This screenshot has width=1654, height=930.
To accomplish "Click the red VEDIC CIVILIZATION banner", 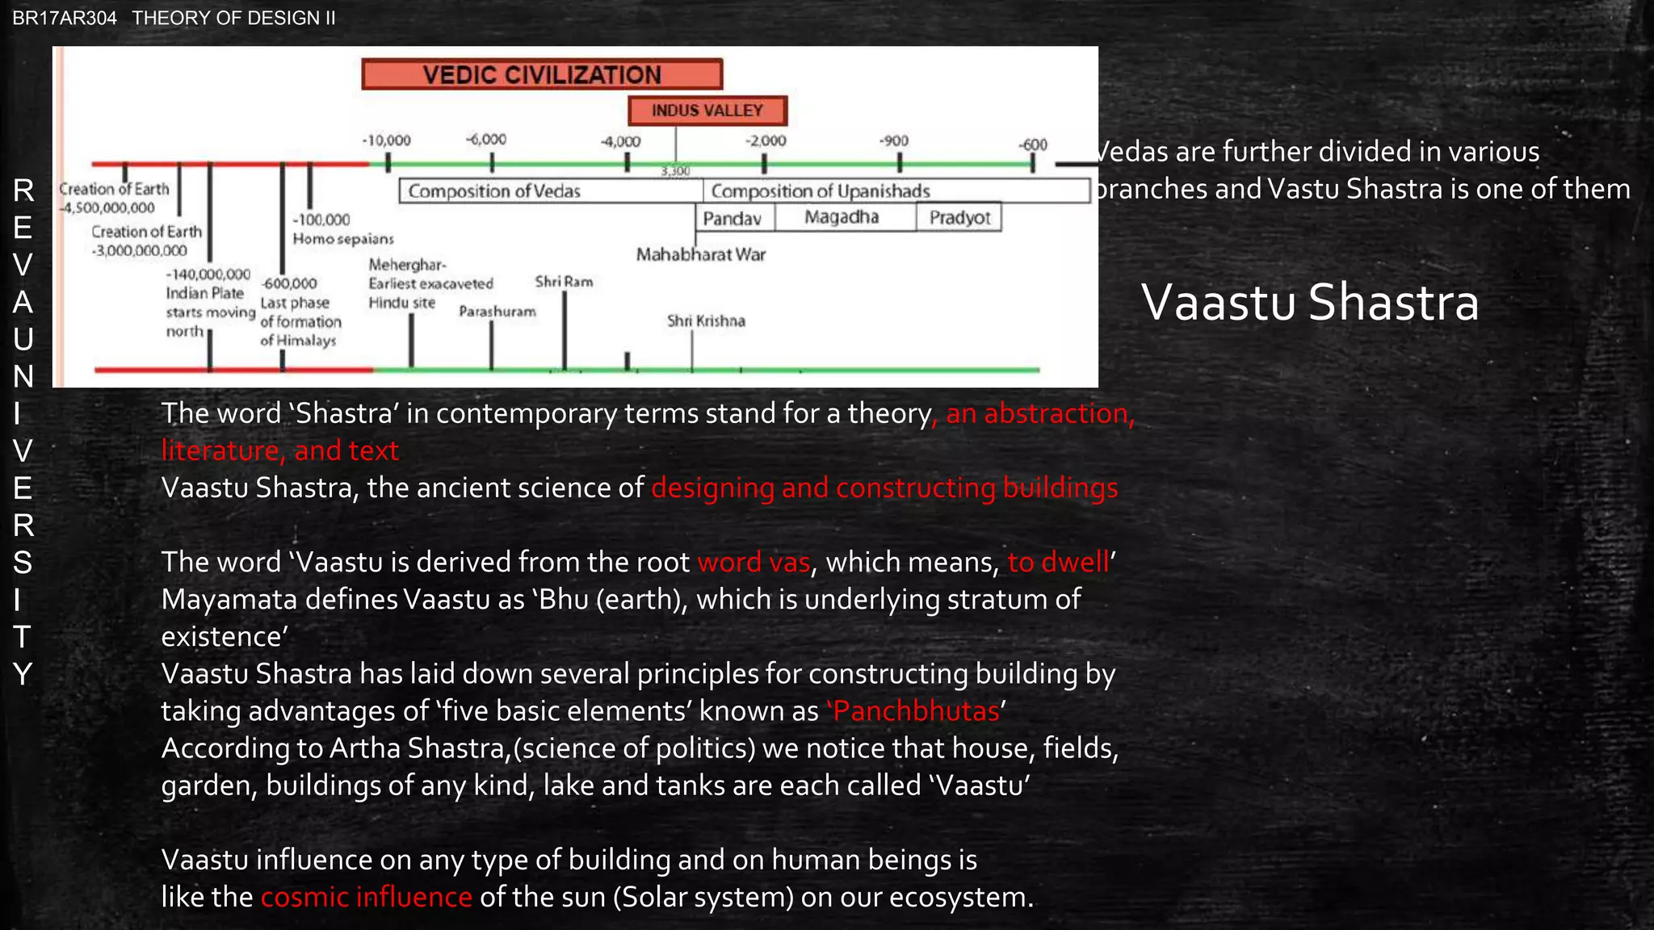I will (542, 74).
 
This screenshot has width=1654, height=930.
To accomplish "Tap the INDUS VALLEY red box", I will (707, 111).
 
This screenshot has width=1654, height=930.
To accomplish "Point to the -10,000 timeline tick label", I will (386, 140).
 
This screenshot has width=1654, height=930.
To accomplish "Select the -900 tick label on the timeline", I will (894, 140).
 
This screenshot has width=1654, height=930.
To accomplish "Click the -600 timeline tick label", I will (1033, 145).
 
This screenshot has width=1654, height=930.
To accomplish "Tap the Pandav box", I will (733, 218).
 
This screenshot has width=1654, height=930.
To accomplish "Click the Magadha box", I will (842, 217).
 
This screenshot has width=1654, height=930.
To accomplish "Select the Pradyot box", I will (959, 218).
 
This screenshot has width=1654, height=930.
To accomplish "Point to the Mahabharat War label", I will (701, 255).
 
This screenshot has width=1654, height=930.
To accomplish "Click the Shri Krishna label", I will (706, 321).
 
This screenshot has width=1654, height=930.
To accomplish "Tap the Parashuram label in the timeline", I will (497, 312).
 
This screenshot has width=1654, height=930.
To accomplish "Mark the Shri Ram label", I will (564, 282).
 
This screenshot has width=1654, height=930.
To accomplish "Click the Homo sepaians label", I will (343, 239).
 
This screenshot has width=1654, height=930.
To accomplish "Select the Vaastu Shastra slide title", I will (1309, 303).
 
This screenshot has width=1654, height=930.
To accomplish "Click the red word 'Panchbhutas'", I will (916, 711).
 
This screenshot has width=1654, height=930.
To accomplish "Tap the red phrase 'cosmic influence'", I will (367, 897).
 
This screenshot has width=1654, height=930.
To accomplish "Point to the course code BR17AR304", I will (65, 18).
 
